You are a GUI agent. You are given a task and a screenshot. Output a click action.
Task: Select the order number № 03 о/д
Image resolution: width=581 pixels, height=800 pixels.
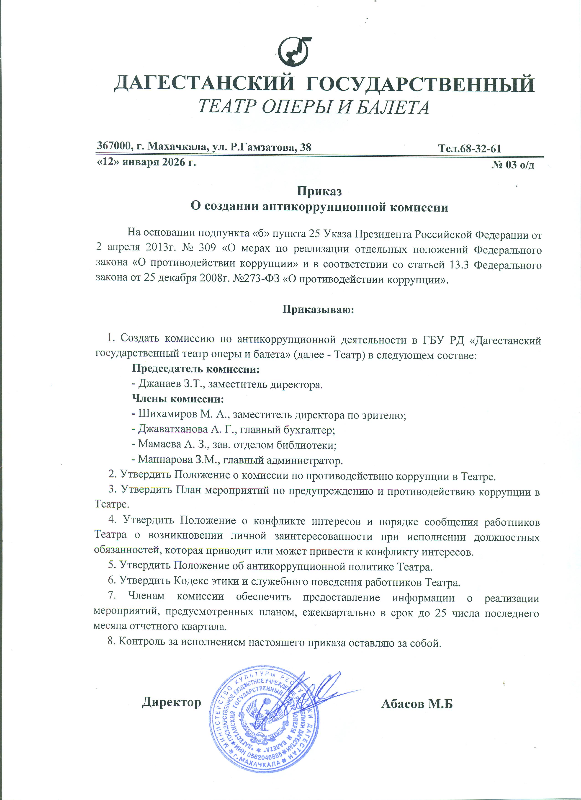point(513,165)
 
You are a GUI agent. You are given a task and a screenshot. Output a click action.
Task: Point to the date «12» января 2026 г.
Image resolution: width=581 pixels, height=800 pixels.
point(146,163)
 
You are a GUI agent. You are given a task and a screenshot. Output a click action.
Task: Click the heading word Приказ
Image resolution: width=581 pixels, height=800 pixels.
point(319,191)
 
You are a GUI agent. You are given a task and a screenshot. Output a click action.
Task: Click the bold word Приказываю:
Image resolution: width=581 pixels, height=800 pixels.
point(318,310)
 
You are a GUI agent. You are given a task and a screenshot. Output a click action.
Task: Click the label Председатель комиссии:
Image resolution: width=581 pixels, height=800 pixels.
point(196,369)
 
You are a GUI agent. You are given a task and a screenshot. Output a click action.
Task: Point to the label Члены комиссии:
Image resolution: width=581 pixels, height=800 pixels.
point(178,399)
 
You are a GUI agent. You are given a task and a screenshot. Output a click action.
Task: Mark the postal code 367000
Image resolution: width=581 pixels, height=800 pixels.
point(112,146)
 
